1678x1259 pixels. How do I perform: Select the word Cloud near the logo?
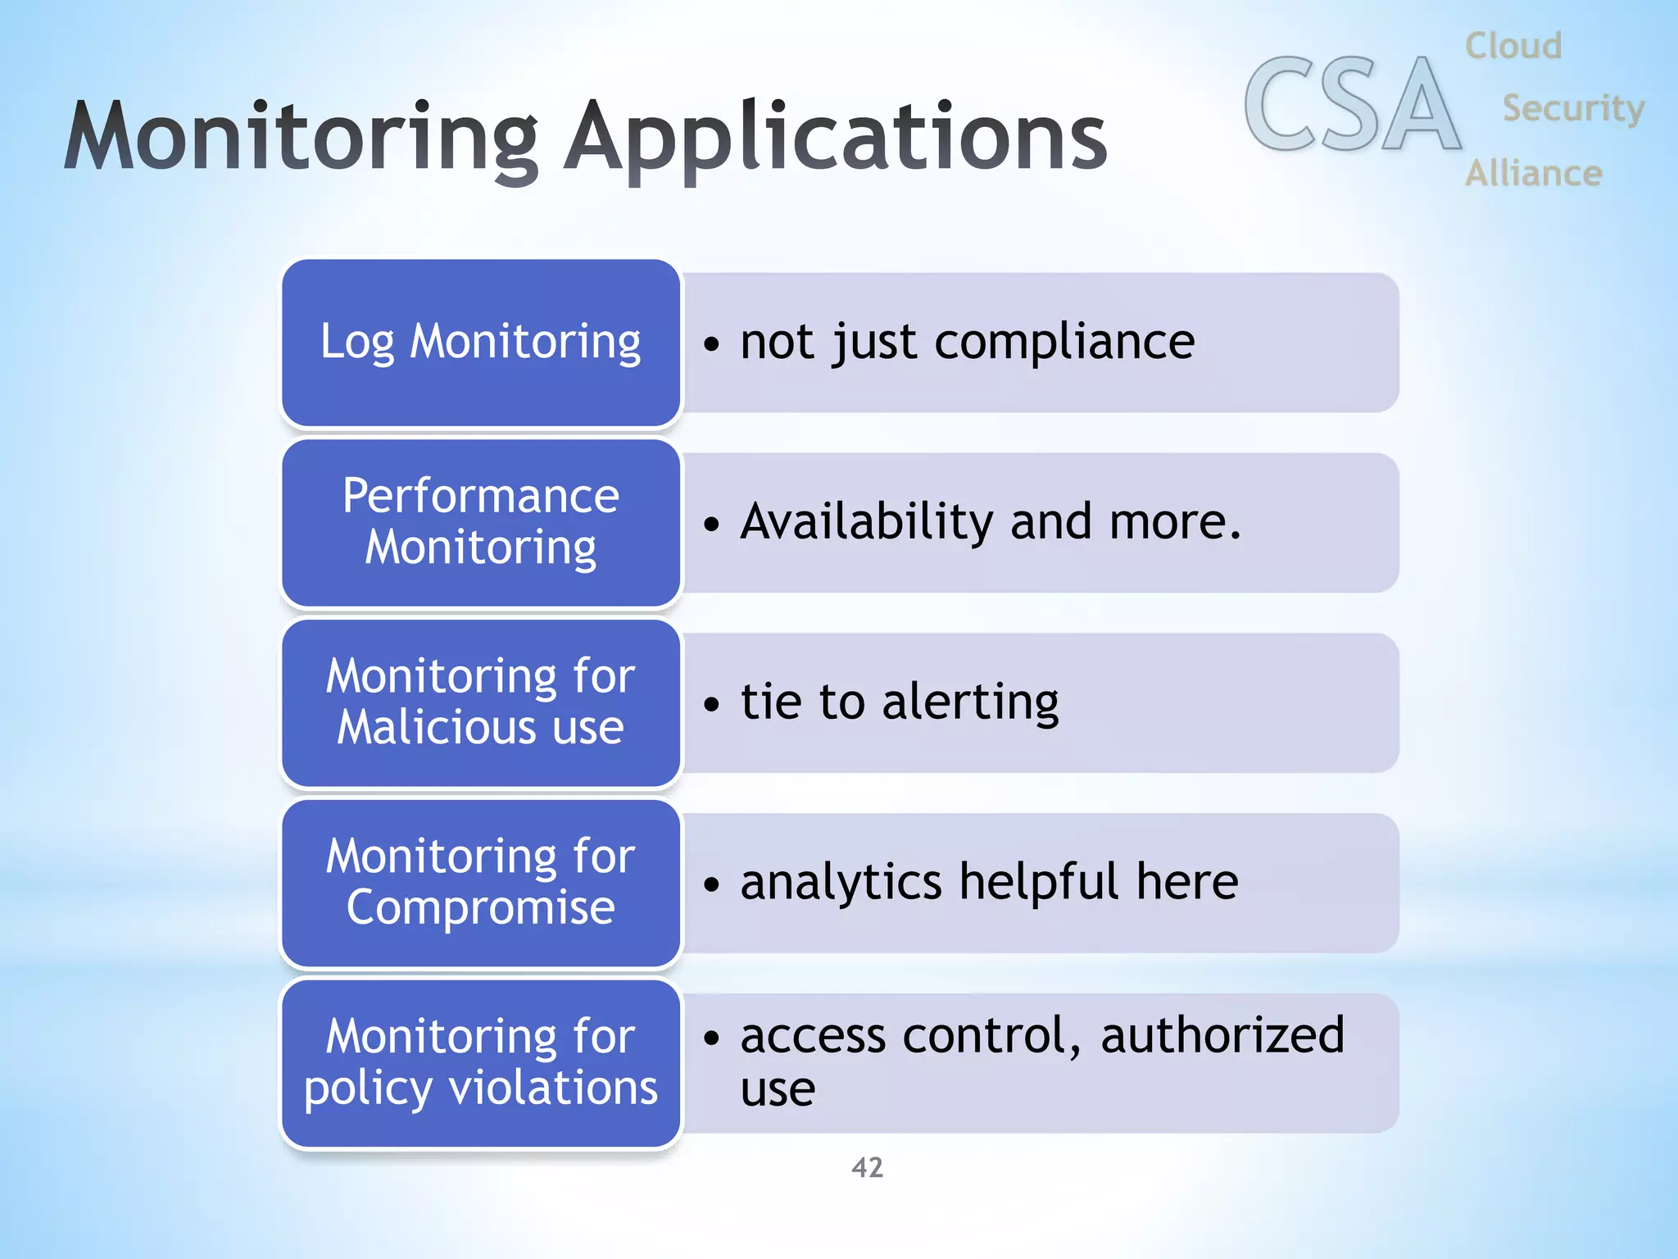[1513, 46]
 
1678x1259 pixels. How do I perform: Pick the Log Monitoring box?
[481, 343]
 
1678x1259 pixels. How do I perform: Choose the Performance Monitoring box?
[481, 523]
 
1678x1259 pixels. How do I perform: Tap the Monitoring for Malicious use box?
[481, 703]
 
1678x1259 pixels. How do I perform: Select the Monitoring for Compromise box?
[481, 883]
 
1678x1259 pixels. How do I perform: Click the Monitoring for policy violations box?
[481, 1063]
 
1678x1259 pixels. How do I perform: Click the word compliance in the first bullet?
[1064, 342]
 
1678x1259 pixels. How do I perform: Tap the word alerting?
[970, 702]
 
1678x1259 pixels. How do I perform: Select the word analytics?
[841, 882]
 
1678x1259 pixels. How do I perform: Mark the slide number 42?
[868, 1167]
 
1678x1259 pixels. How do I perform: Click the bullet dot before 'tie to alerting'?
[711, 704]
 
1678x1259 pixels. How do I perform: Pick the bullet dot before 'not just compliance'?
[711, 343]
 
